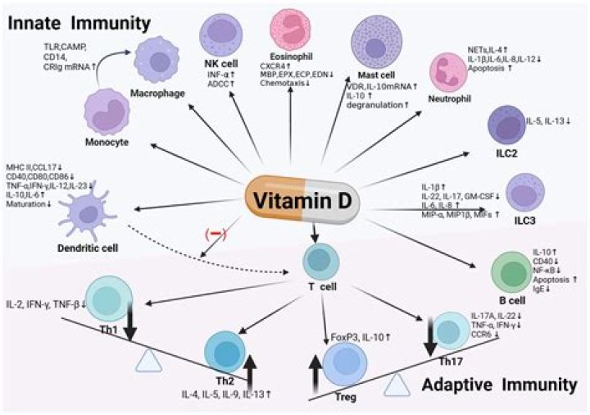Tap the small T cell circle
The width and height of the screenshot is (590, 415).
pos(318,261)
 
